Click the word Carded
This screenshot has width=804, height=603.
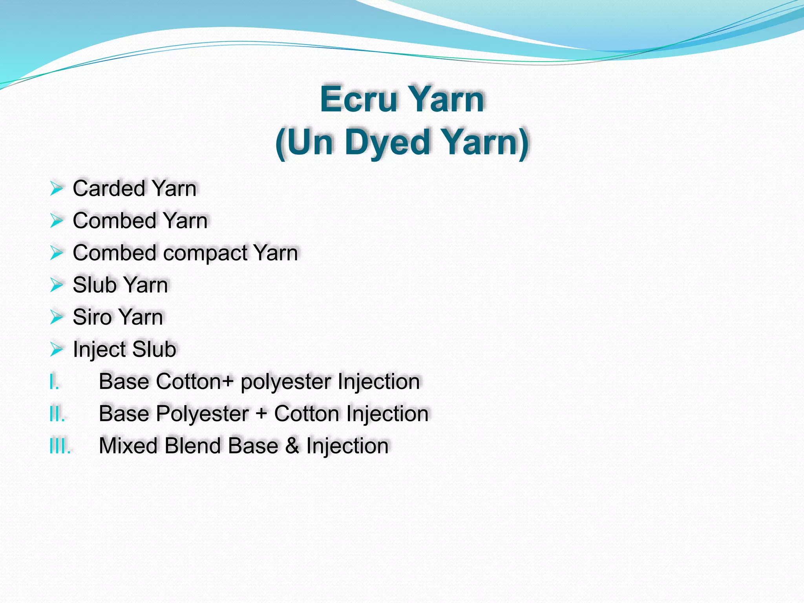109,188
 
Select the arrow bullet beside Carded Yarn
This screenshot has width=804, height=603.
56,188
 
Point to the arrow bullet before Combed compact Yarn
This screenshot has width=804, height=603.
56,253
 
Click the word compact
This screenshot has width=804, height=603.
205,253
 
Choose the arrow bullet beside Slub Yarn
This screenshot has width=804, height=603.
56,285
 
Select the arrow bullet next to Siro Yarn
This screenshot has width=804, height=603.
56,317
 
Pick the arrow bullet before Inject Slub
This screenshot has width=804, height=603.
56,349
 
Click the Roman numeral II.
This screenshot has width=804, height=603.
57,414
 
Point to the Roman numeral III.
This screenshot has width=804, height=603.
60,446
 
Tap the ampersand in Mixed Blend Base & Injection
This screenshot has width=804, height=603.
292,446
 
